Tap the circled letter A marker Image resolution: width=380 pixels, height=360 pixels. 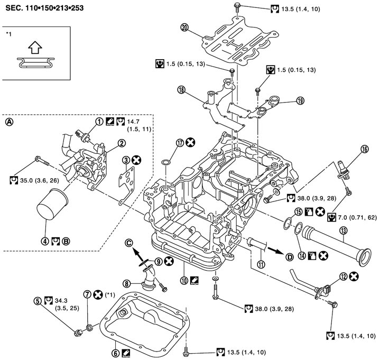click(8, 121)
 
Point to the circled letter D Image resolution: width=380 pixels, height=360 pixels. click(289, 257)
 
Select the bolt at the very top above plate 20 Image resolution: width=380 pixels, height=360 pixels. click(238, 7)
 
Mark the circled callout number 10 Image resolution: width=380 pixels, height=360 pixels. click(183, 273)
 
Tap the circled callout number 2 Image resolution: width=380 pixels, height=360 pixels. click(121, 142)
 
